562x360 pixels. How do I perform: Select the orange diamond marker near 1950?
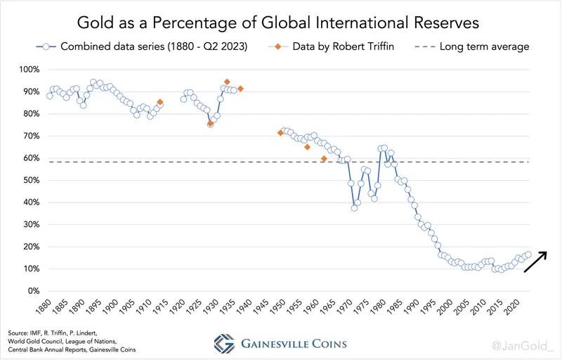(280, 133)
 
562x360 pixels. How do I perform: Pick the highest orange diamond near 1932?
(226, 82)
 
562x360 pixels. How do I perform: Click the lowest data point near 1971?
(354, 208)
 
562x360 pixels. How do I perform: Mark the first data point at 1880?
(49, 96)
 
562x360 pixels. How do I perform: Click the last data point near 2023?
(528, 255)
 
